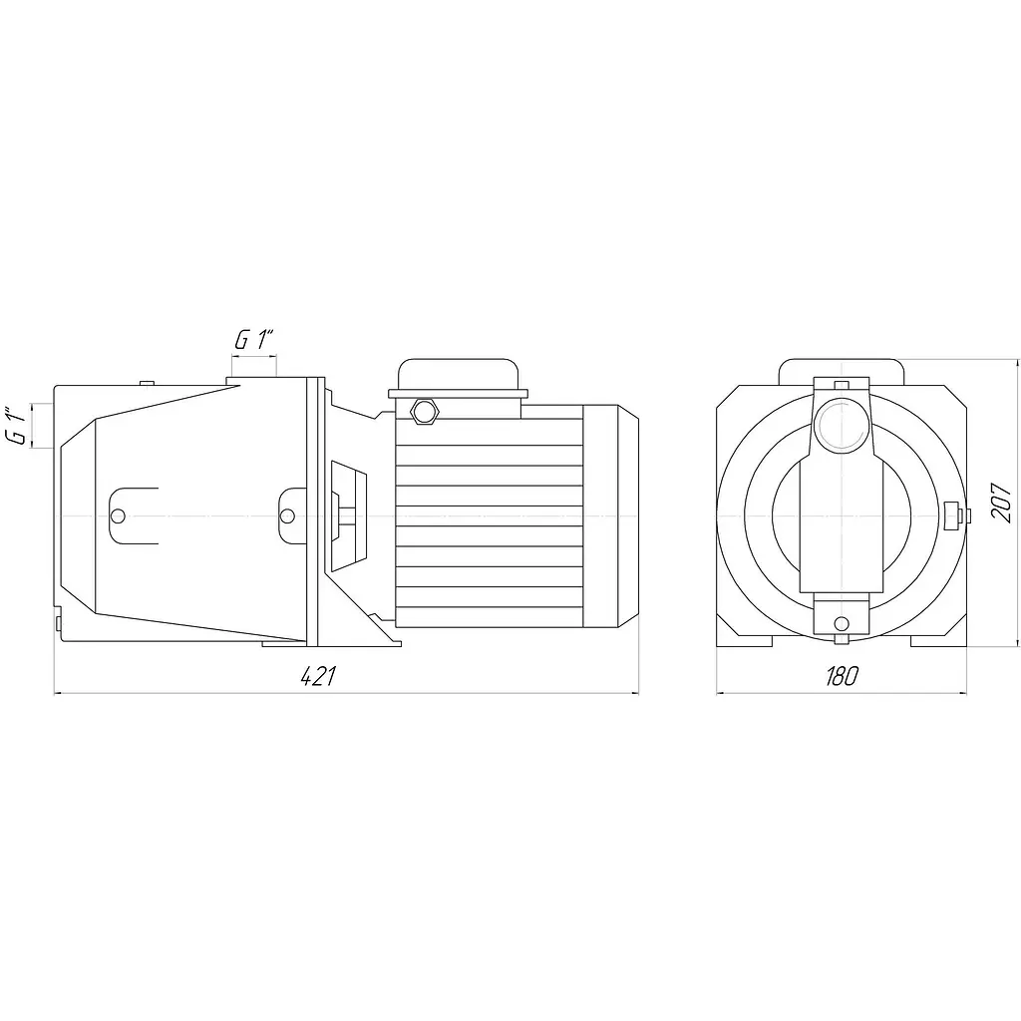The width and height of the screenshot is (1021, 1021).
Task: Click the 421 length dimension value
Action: pyautogui.click(x=318, y=677)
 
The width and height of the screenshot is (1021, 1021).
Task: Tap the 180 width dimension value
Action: pyautogui.click(x=842, y=677)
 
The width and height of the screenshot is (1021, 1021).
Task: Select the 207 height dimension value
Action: pyautogui.click(x=1000, y=501)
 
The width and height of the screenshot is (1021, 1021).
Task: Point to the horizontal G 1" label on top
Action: pyautogui.click(x=254, y=340)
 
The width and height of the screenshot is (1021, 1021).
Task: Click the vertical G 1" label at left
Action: pyautogui.click(x=19, y=427)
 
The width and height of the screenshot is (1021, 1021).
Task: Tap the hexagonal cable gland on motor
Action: pyautogui.click(x=425, y=411)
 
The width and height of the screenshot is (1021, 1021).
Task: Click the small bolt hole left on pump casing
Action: pyautogui.click(x=118, y=515)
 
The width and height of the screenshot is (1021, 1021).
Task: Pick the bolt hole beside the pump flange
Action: pyautogui.click(x=286, y=515)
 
